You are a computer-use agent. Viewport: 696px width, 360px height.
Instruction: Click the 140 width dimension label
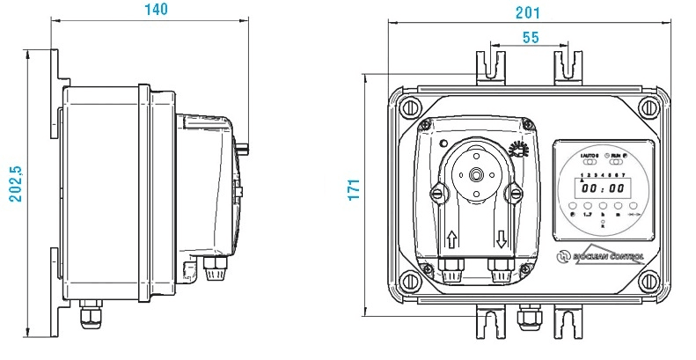coord(155,10)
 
